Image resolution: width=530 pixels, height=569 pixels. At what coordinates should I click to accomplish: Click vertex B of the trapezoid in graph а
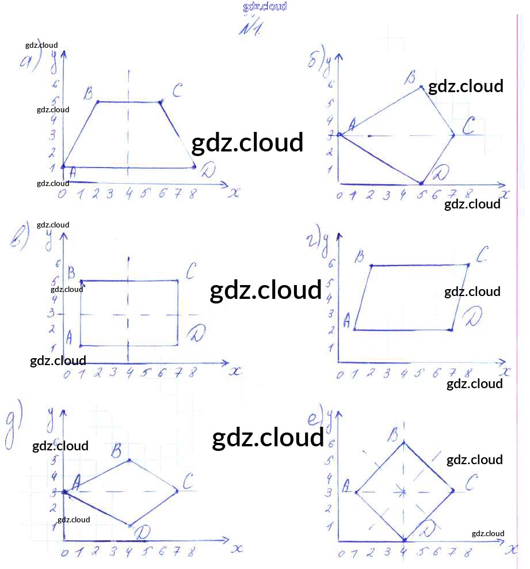coord(97,102)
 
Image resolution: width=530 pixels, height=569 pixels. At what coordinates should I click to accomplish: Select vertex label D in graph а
coord(207,170)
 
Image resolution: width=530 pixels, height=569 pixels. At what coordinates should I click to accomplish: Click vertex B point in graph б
coord(421,87)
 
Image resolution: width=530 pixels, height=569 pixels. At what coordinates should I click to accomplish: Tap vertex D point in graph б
coord(421,183)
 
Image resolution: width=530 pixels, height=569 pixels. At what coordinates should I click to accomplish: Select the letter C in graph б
coord(469,125)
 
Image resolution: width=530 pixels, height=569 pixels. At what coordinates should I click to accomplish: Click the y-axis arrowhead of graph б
coord(338,58)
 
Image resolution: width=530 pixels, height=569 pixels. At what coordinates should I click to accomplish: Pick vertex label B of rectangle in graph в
coord(72,271)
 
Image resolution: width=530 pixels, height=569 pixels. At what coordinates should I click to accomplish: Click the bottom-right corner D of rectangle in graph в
coord(177,346)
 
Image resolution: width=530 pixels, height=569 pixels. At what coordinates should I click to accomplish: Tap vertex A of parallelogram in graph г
coord(354,329)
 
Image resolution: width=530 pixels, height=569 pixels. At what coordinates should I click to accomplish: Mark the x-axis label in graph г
coord(505,373)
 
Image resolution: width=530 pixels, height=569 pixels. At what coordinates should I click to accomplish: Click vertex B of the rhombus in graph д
coord(129,460)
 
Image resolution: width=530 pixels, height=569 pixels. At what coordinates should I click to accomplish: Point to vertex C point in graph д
coord(177,491)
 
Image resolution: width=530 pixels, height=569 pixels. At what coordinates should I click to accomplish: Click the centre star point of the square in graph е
coord(404,492)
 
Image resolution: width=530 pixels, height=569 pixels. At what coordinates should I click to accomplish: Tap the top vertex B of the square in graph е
coord(404,442)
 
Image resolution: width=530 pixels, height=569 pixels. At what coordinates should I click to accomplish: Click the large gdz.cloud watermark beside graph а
coord(247,143)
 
